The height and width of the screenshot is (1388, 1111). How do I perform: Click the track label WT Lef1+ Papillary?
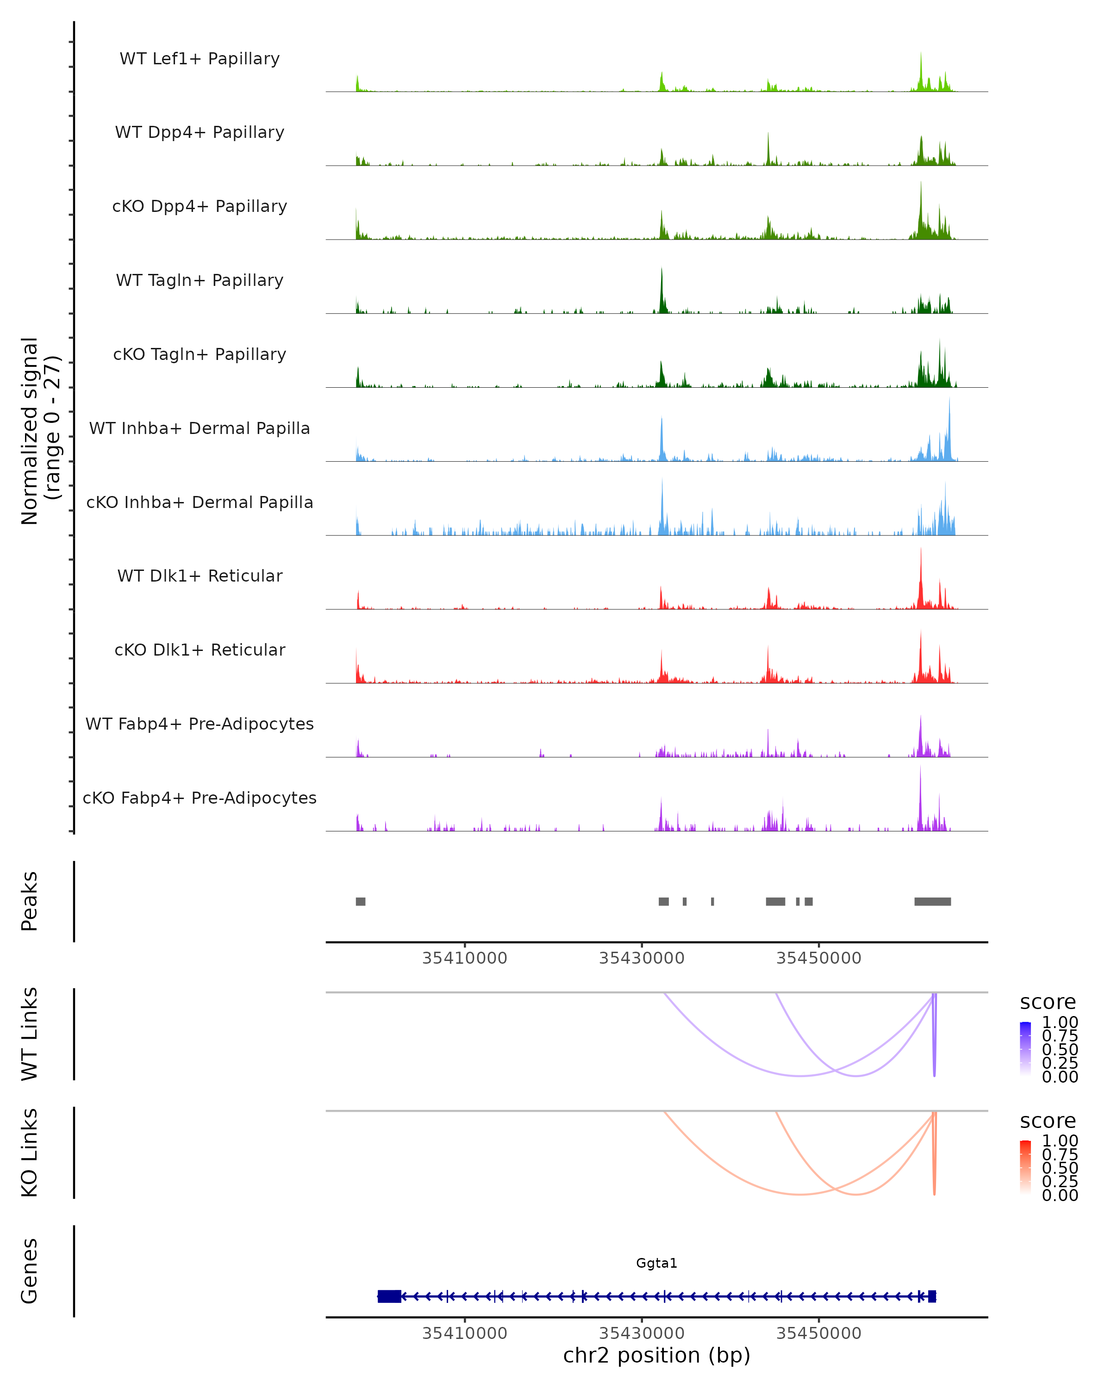tap(200, 59)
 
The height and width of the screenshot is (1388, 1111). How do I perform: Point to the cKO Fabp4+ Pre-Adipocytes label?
tap(200, 798)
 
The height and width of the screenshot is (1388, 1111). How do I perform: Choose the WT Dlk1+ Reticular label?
tap(200, 576)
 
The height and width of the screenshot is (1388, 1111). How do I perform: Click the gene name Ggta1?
tap(656, 1263)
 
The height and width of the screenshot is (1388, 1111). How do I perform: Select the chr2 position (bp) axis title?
tap(656, 1355)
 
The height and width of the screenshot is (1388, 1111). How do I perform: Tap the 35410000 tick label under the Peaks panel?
tap(464, 958)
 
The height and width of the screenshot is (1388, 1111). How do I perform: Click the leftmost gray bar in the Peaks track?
tap(361, 901)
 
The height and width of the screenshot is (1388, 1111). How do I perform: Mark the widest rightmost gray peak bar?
tap(933, 901)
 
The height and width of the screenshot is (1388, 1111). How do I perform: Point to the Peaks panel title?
tap(30, 901)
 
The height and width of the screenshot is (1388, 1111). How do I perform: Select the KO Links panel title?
tap(30, 1153)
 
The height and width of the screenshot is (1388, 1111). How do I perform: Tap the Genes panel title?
tap(30, 1271)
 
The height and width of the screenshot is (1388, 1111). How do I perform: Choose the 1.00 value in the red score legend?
tap(1060, 1141)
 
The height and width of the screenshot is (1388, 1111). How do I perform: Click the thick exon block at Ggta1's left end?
tap(389, 1296)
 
